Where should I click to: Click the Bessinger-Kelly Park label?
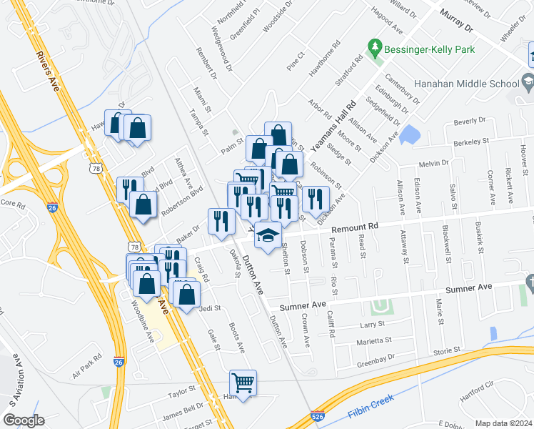click(x=429, y=50)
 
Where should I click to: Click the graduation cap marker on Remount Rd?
click(x=268, y=235)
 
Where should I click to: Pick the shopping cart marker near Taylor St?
click(x=243, y=383)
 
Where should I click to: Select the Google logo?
click(x=24, y=420)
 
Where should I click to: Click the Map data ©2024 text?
click(x=503, y=423)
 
